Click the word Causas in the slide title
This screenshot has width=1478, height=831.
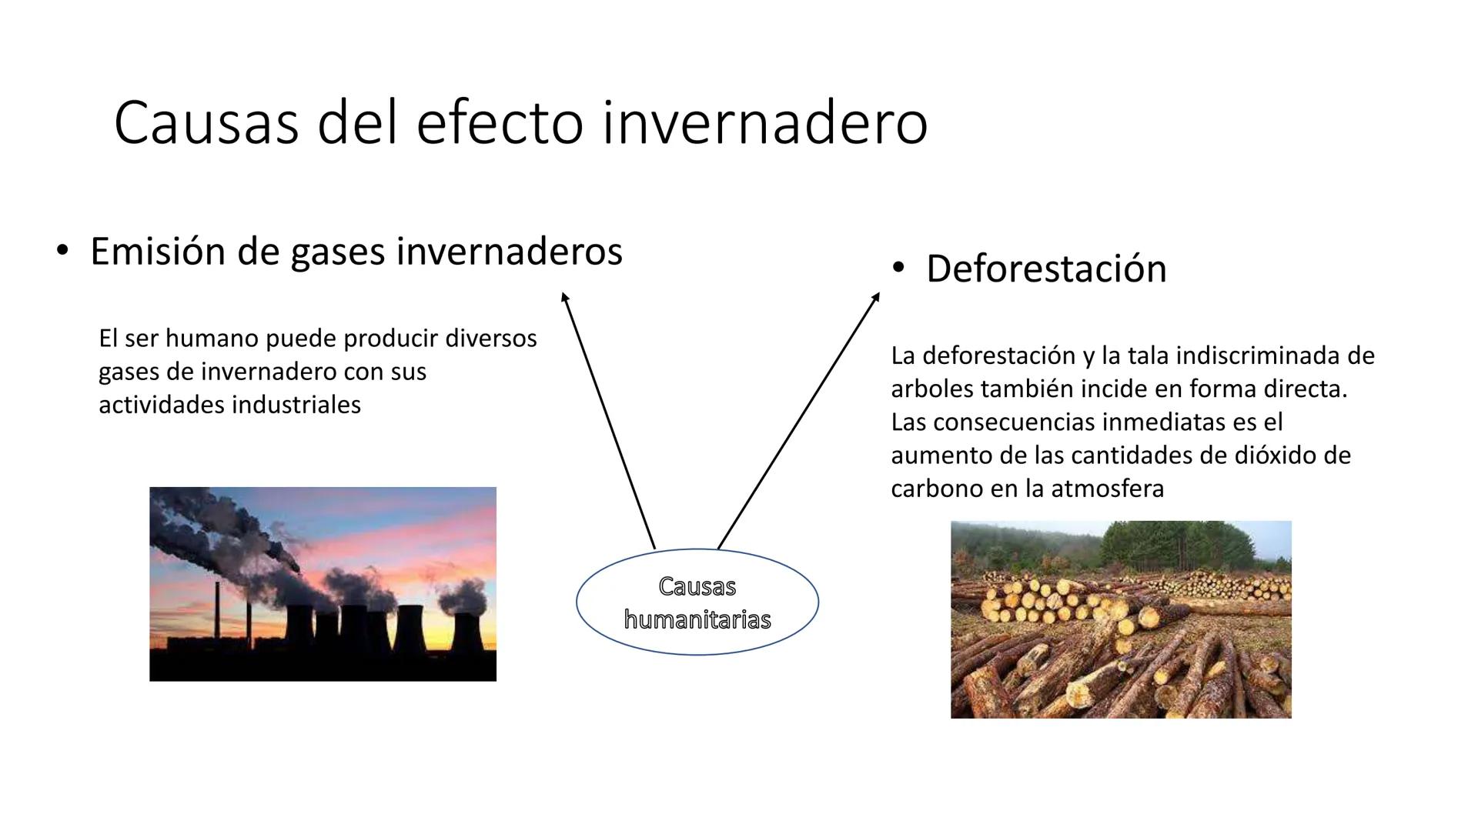click(x=206, y=123)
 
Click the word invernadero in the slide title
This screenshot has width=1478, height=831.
click(x=764, y=123)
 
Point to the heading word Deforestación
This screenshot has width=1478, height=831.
click(x=1046, y=269)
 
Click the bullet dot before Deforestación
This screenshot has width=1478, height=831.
click(x=898, y=269)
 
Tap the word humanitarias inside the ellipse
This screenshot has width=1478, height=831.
click(x=697, y=619)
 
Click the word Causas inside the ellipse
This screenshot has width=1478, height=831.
click(x=697, y=586)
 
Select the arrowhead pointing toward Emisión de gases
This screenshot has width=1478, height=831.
click(x=564, y=297)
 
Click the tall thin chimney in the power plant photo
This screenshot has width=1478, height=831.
click(x=218, y=616)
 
